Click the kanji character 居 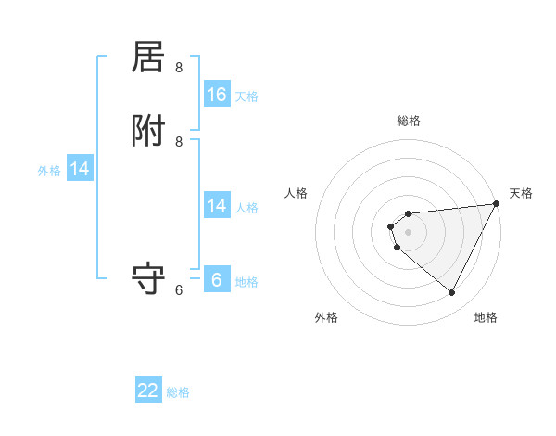pos(149,58)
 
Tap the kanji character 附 pos(149,133)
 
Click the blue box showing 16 pos(217,95)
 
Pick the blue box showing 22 pos(148,391)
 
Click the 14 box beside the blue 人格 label pos(217,206)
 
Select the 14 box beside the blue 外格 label pos(80,169)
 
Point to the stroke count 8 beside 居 pos(179,67)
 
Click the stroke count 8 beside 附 pos(179,141)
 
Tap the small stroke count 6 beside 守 pos(179,289)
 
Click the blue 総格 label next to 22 pos(178,392)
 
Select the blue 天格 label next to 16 pos(246,96)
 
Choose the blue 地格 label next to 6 pos(246,282)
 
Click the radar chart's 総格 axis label pos(409,121)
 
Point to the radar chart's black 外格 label pos(326,317)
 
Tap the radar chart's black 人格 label pos(297,193)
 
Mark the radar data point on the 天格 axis pos(497,204)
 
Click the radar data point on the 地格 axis pos(451,293)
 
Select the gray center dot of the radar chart pos(409,232)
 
